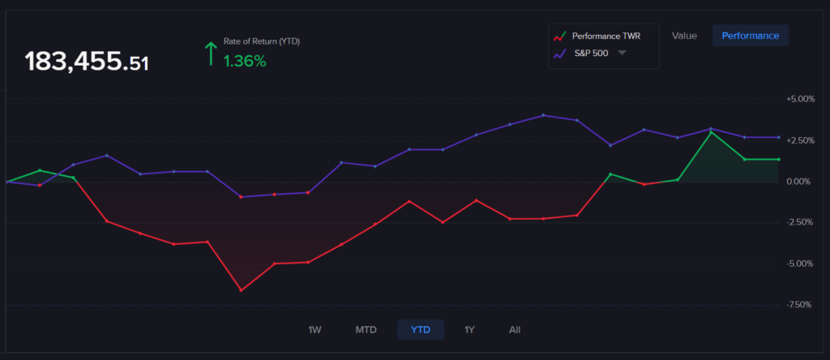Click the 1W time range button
coord(314,330)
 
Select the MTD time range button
coord(366,330)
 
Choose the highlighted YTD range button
coord(420,330)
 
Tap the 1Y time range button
coord(469,330)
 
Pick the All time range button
coord(515,330)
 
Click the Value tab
coord(684,36)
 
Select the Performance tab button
coord(750,36)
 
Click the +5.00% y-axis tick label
coord(799,99)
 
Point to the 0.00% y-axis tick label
coord(801,182)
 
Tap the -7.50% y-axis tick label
coord(800,305)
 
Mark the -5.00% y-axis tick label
coord(800,264)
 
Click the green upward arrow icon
coord(211,54)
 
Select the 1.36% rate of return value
coord(245,60)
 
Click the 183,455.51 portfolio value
coord(87,62)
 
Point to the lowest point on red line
coord(241,290)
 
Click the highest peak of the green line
coord(711,131)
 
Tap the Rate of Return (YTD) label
coord(262,41)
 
